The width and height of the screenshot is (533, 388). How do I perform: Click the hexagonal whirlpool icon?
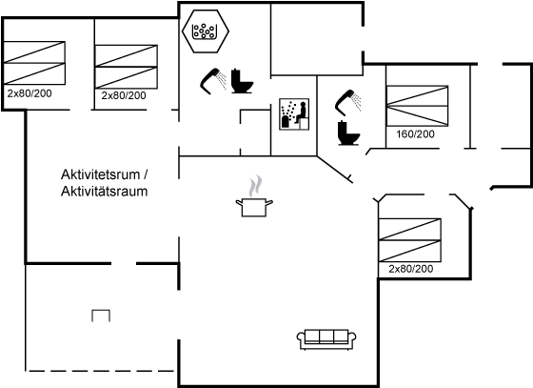pos(206,31)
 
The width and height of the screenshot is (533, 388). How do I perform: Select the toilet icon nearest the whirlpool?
pos(242,81)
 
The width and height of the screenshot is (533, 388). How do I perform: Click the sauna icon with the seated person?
pos(294,114)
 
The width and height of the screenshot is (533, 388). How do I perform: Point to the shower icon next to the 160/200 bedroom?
pos(347,101)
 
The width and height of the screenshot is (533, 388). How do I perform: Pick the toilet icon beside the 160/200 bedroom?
pos(348,133)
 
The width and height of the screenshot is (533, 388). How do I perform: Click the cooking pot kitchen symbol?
pos(254,208)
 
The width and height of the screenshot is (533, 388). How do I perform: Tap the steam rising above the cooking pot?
pos(255,186)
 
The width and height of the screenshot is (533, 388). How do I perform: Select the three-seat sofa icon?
pos(326,339)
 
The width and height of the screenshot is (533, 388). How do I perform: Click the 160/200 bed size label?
pos(415,134)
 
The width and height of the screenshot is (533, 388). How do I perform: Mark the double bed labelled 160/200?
pos(417,106)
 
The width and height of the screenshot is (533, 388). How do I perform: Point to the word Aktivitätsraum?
pos(105,192)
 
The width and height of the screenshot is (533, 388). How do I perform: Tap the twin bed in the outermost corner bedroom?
pos(34,63)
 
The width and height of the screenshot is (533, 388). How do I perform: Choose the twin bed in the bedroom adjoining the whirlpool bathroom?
pos(126,67)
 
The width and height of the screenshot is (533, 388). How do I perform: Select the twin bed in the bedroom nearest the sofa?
pos(410,240)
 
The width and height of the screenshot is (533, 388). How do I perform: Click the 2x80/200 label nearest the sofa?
pos(411,269)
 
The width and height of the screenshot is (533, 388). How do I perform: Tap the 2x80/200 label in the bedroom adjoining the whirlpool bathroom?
pos(124,95)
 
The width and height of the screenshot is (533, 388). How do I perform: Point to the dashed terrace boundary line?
pos(100,371)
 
